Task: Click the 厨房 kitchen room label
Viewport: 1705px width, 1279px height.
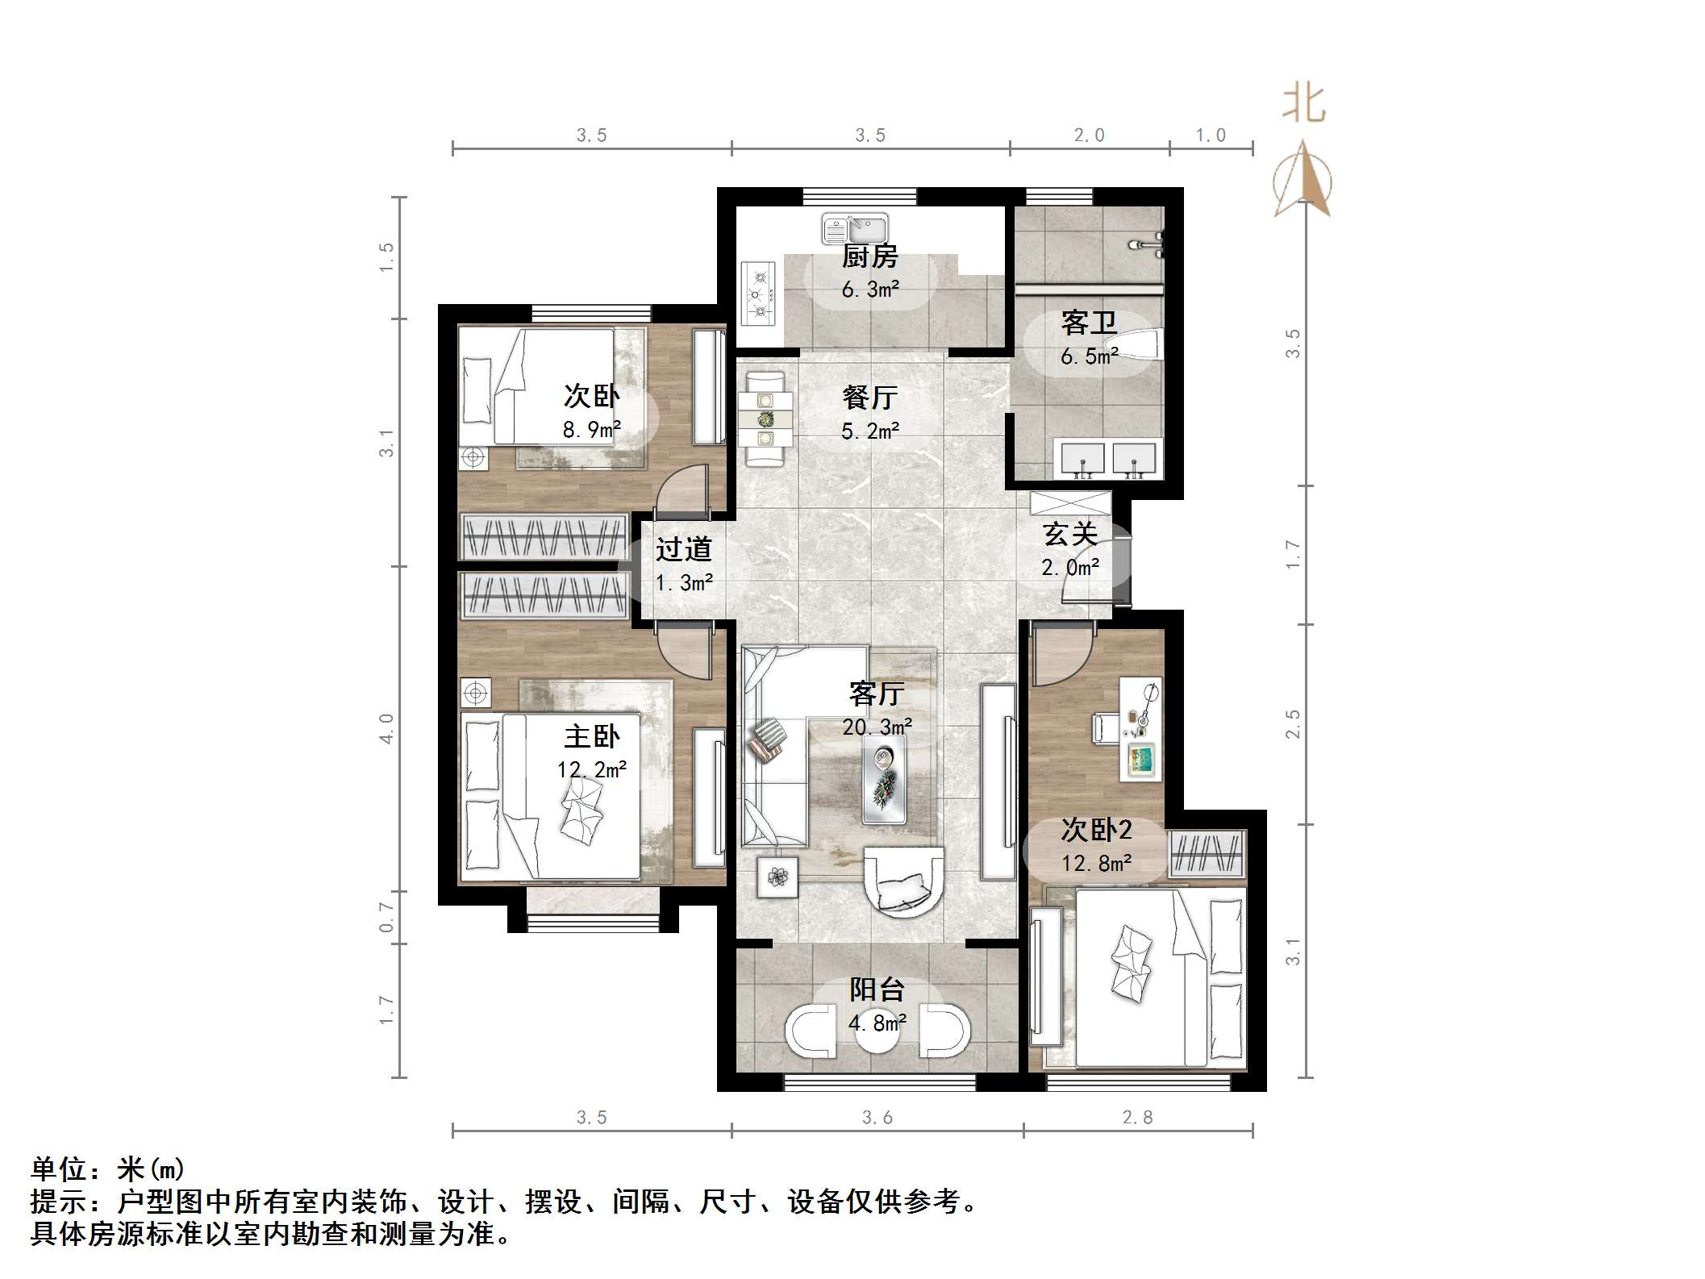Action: [x=869, y=257]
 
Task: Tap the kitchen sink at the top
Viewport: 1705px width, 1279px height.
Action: [x=854, y=229]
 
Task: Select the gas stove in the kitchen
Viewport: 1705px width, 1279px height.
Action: [x=758, y=293]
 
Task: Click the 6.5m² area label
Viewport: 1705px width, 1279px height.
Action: [x=1089, y=356]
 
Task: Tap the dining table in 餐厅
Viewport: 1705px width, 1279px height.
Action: [x=765, y=419]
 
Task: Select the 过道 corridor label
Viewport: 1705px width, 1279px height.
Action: [x=683, y=549]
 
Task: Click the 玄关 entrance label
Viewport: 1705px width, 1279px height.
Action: [x=1070, y=534]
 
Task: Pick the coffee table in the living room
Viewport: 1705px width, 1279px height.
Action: [x=883, y=779]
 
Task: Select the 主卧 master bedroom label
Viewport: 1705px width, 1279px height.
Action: [x=591, y=736]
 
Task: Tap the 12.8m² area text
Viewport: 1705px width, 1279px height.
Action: [x=1095, y=864]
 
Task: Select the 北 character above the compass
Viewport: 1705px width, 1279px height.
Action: [x=1304, y=105]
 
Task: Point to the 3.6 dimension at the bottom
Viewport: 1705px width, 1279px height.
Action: [x=877, y=1117]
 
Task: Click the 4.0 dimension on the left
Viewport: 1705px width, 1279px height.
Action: [x=387, y=728]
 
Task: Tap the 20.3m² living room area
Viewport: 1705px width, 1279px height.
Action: [x=877, y=727]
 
